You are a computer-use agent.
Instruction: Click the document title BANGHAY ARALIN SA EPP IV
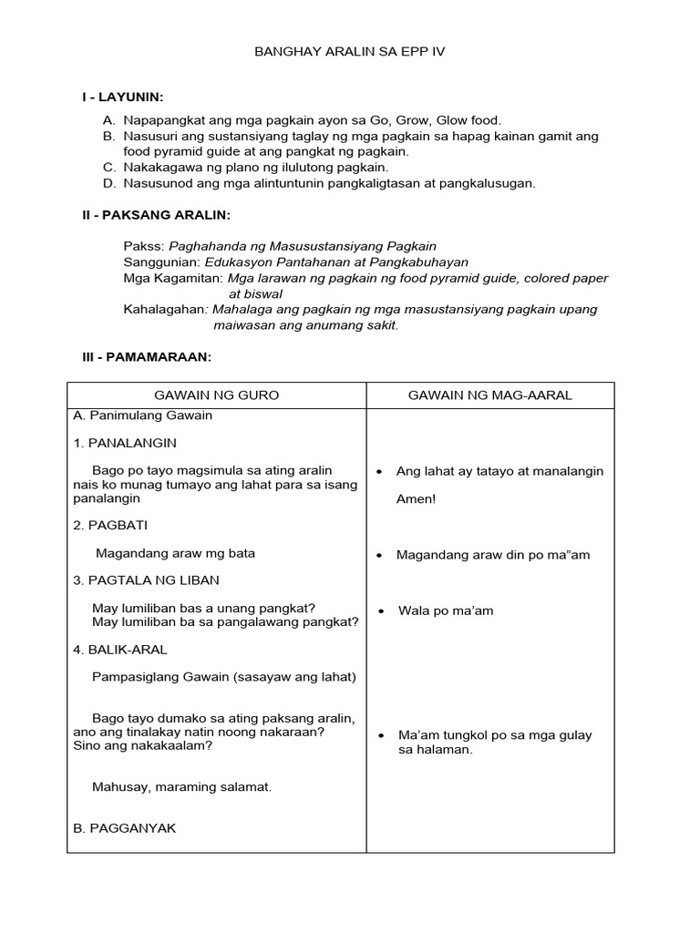coord(349,53)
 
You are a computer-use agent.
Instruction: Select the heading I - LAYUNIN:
coord(124,97)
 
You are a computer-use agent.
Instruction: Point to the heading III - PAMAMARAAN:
coord(148,357)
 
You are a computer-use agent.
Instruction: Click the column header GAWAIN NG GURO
coord(217,395)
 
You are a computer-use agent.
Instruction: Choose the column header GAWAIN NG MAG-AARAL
coord(489,395)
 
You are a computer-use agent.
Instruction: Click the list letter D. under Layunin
coord(109,183)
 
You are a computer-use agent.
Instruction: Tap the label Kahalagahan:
coord(167,309)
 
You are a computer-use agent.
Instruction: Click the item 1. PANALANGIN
coord(125,443)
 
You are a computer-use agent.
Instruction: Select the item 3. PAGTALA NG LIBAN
coord(146,579)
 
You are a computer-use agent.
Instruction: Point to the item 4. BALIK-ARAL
coord(119,650)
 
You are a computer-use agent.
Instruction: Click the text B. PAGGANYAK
coord(124,828)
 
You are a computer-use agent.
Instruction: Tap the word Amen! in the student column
coord(417,499)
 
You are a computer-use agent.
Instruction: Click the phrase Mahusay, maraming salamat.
coord(182,786)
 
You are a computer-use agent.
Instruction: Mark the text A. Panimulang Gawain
coord(142,415)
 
